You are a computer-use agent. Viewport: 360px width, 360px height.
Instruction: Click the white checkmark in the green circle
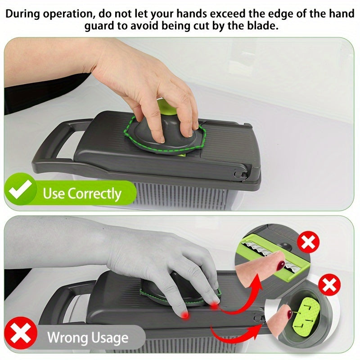coord(20,189)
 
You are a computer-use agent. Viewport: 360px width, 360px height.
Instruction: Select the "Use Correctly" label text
coord(82,193)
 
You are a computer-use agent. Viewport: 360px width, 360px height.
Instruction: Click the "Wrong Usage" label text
coord(88,337)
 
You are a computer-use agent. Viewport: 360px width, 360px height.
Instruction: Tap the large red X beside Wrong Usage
coord(20,333)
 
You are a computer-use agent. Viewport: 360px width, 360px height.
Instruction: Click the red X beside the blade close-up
coord(308,242)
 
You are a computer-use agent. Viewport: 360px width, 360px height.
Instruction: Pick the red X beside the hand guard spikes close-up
coord(329,285)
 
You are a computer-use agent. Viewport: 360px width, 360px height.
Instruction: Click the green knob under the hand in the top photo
coord(167,107)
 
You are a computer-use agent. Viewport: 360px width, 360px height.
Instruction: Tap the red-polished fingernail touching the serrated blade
coord(280,265)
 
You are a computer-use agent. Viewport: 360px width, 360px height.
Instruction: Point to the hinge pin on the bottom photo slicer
coord(258,319)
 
